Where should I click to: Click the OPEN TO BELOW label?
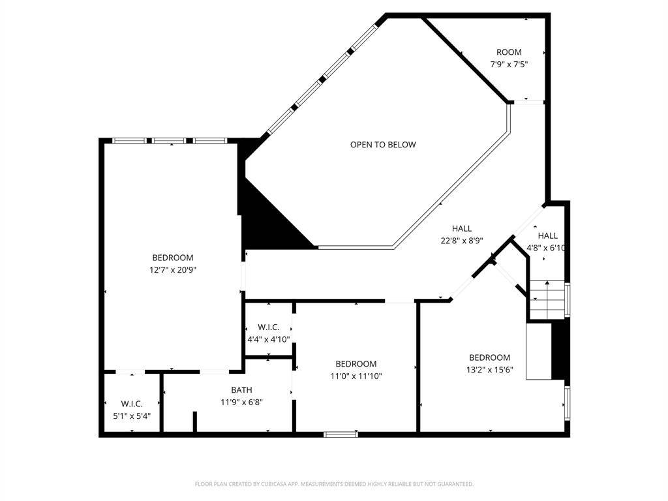[382, 145]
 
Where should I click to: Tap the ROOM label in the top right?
[509, 52]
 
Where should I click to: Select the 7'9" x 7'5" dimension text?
[509, 64]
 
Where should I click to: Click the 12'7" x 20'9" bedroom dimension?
[173, 269]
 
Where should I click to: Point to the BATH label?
[241, 390]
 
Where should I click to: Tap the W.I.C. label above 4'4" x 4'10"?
[269, 327]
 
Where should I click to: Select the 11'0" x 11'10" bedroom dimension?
[356, 376]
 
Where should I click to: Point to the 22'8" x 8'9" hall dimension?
[461, 240]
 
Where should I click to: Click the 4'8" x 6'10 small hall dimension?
[547, 247]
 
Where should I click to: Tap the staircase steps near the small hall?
[547, 297]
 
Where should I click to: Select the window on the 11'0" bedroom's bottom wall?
[341, 434]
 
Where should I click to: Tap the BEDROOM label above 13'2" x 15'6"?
[489, 357]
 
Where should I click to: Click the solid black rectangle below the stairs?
[559, 351]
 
